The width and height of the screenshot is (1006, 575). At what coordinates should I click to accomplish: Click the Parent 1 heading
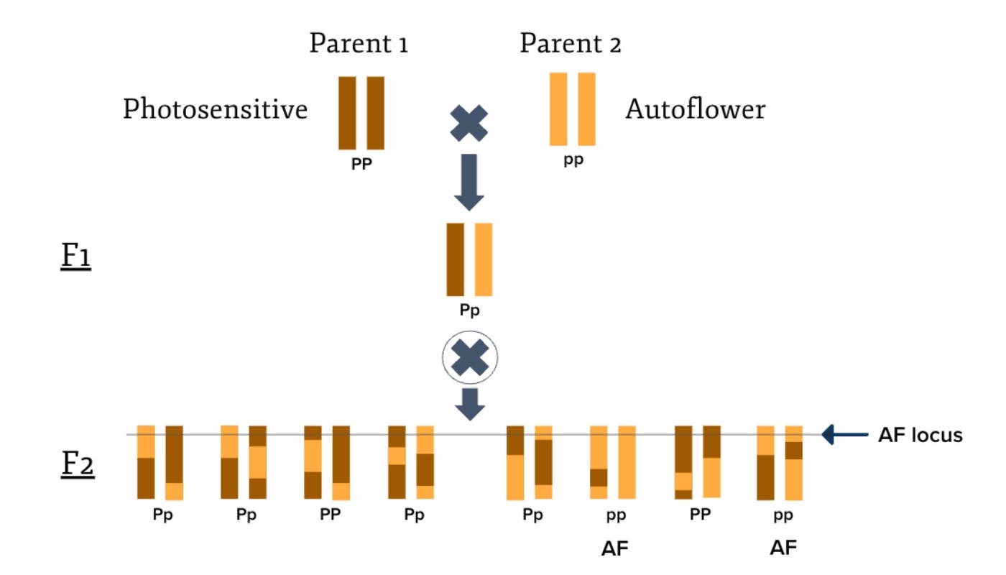359,44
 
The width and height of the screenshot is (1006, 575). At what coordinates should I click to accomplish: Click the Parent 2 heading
571,44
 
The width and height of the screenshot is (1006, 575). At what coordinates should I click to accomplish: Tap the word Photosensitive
215,110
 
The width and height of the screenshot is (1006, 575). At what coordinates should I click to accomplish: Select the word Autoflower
695,110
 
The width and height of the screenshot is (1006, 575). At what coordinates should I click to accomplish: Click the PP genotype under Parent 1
361,163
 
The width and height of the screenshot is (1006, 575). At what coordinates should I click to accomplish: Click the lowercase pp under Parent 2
573,160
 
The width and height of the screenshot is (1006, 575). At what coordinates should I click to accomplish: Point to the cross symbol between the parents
469,122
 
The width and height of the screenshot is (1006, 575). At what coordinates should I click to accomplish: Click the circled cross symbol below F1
469,357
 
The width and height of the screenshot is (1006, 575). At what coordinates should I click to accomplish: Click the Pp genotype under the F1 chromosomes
470,310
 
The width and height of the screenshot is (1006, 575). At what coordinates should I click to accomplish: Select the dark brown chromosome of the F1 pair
455,259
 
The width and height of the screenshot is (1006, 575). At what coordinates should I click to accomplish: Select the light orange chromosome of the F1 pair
484,259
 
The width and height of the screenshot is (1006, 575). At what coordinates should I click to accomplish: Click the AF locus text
920,435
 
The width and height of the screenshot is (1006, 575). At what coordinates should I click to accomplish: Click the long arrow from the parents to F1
469,181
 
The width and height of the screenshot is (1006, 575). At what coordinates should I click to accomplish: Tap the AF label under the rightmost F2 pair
783,548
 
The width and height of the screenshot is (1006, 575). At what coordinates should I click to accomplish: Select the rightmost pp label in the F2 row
783,515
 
